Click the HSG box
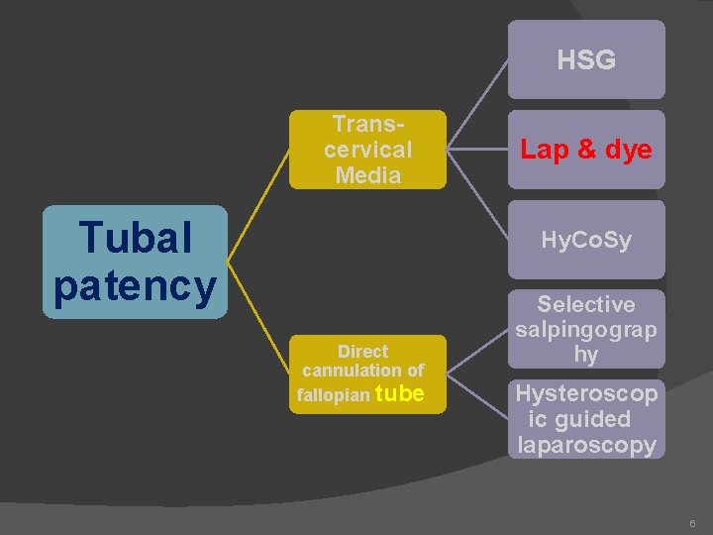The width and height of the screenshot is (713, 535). (x=585, y=60)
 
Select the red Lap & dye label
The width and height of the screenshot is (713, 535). (x=585, y=150)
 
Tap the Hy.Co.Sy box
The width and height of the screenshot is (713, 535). (x=585, y=241)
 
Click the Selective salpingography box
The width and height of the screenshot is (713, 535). (x=585, y=329)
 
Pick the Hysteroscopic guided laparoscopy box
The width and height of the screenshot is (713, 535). (x=585, y=419)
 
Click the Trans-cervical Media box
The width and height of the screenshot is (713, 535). (x=367, y=150)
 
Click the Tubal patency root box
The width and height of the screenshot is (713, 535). (x=135, y=262)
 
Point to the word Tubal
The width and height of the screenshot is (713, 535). (x=135, y=238)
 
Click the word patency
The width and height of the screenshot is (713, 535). (x=135, y=285)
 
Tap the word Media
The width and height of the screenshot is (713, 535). (x=367, y=175)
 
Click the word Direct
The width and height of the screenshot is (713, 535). (x=362, y=351)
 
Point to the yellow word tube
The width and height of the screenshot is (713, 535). (x=400, y=393)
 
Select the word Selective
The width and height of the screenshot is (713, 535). (x=585, y=304)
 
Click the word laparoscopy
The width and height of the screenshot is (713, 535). (x=585, y=445)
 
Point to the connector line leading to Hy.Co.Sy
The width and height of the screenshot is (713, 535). (x=477, y=194)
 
